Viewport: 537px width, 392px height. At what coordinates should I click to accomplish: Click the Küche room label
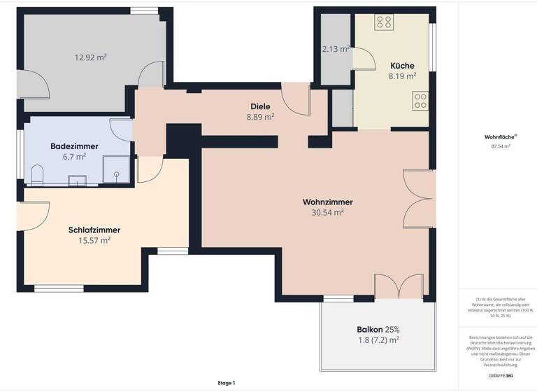(402, 66)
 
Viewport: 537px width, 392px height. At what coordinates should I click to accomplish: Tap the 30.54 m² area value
(327, 212)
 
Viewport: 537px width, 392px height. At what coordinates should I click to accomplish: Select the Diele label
(260, 106)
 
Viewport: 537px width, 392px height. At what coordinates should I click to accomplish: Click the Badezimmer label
(74, 146)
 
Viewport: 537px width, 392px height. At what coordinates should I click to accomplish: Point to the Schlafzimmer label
(94, 230)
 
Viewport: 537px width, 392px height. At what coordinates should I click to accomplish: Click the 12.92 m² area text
(91, 57)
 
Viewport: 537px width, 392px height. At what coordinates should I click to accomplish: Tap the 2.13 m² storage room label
(334, 49)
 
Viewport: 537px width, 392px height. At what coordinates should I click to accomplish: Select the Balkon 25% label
(378, 330)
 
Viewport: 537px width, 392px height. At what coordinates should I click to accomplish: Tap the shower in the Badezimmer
(116, 169)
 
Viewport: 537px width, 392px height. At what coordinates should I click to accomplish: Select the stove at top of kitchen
(383, 22)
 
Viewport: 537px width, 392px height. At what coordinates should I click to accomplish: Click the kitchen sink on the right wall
(420, 101)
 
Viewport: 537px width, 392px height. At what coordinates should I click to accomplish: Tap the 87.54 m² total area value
(501, 146)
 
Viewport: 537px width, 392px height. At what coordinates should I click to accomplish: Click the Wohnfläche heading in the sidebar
(496, 137)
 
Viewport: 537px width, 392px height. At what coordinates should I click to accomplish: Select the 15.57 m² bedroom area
(94, 240)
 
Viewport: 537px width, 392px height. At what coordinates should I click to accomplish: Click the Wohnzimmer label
(327, 202)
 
